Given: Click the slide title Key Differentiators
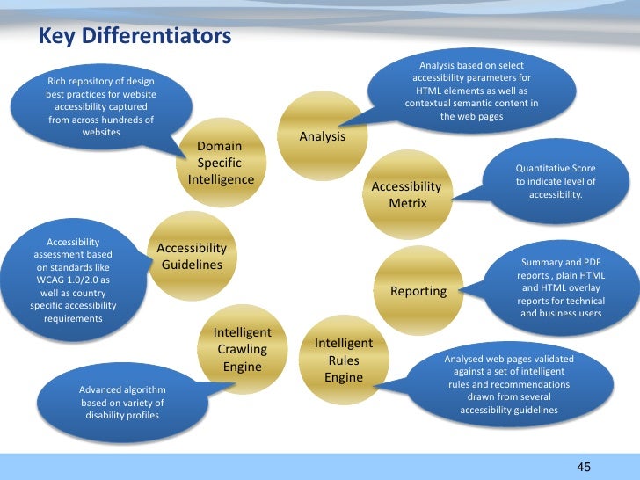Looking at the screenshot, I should (x=134, y=36).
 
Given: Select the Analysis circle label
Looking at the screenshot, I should (x=322, y=137).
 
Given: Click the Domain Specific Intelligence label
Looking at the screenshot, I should (x=220, y=163).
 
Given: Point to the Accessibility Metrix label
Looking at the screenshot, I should (x=406, y=195).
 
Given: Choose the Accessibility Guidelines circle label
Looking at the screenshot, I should (x=192, y=257).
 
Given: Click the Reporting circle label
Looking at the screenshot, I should (x=418, y=291).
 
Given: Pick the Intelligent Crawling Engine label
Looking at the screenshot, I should (x=242, y=349).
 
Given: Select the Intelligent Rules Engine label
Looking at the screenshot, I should (x=344, y=360).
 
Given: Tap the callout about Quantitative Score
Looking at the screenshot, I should (x=555, y=180).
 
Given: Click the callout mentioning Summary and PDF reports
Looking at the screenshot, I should (x=560, y=287).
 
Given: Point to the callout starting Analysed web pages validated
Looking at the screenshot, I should (x=508, y=384).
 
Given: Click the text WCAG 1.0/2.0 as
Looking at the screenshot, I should (x=73, y=279).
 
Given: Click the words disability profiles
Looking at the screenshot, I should (x=122, y=415).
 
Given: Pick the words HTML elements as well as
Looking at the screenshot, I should (x=471, y=91).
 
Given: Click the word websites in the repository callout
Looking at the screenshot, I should (x=100, y=132).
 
